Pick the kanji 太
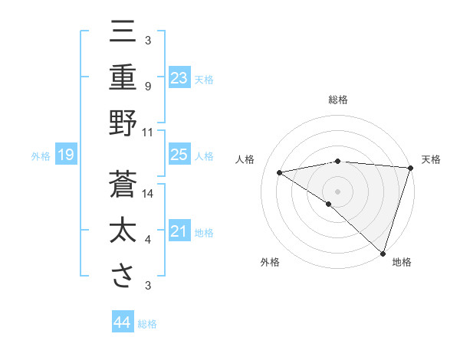[x=123, y=231]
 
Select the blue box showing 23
[x=179, y=77]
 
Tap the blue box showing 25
[x=179, y=155]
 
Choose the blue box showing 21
[x=179, y=231]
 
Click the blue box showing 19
[x=65, y=155]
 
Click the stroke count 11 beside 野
[x=148, y=133]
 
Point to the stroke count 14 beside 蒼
[x=148, y=194]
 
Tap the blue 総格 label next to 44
[x=147, y=324]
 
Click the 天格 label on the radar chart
[x=431, y=159]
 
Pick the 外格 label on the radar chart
[x=270, y=263]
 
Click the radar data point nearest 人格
[x=280, y=172]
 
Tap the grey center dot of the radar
[x=337, y=190]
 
